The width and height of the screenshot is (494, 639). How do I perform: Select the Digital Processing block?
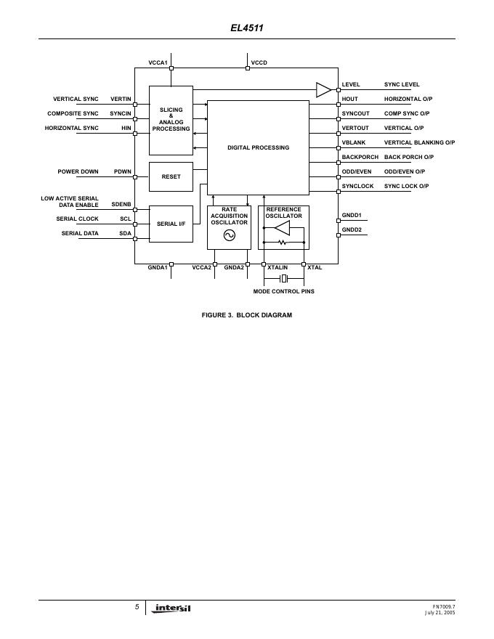pos(258,147)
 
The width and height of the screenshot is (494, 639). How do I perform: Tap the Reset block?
pos(171,176)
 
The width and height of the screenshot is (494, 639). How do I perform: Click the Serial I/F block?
pos(171,224)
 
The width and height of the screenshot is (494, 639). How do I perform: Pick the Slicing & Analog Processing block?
pos(171,120)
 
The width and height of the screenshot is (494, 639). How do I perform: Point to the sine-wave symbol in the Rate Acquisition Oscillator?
pos(229,235)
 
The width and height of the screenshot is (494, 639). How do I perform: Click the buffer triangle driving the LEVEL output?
pos(323,89)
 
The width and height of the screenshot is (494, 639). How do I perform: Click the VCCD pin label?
pos(259,63)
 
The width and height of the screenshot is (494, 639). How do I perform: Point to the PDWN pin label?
pos(122,171)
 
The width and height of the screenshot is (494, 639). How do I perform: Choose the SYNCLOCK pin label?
pos(357,187)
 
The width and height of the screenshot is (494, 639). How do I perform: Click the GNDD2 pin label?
pos(352,229)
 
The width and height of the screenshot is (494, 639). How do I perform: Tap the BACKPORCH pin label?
pos(360,157)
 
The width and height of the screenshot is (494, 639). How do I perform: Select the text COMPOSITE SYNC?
pos(73,113)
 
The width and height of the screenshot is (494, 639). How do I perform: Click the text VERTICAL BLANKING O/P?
pos(419,142)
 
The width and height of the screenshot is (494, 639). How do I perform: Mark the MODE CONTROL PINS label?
pos(283,291)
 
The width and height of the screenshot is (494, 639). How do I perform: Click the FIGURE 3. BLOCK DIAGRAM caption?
pos(246,315)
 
